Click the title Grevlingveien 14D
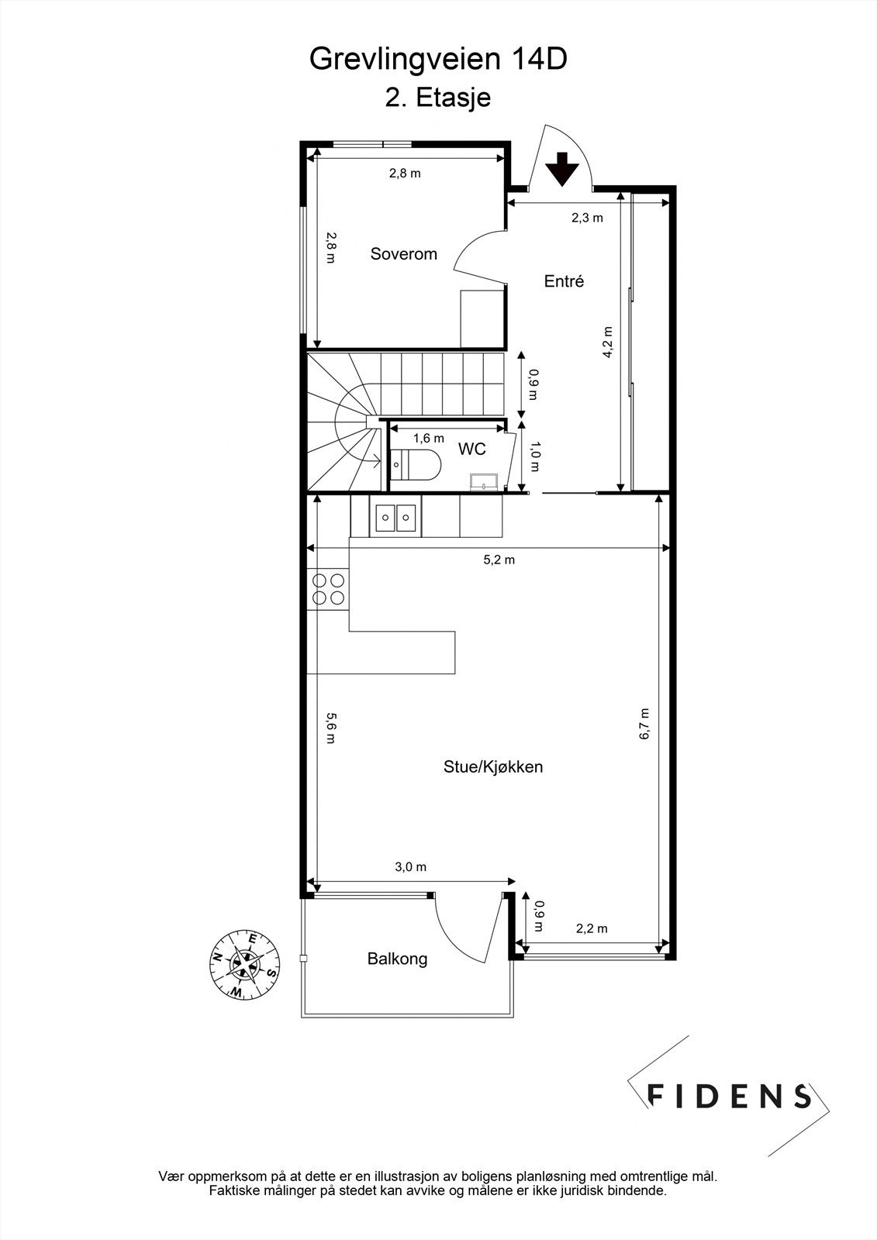[x=438, y=60]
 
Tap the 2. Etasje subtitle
[x=438, y=98]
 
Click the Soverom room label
[x=403, y=253]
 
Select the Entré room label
[x=564, y=281]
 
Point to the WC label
[x=471, y=449]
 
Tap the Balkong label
[x=397, y=959]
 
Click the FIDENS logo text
[x=729, y=1095]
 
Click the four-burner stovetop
[x=328, y=588]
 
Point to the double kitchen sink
[x=395, y=517]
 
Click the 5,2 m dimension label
[x=499, y=560]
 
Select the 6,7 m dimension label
[x=644, y=724]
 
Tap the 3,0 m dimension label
[x=411, y=867]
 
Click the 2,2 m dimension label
[x=592, y=928]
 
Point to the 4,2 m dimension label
[x=608, y=342]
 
